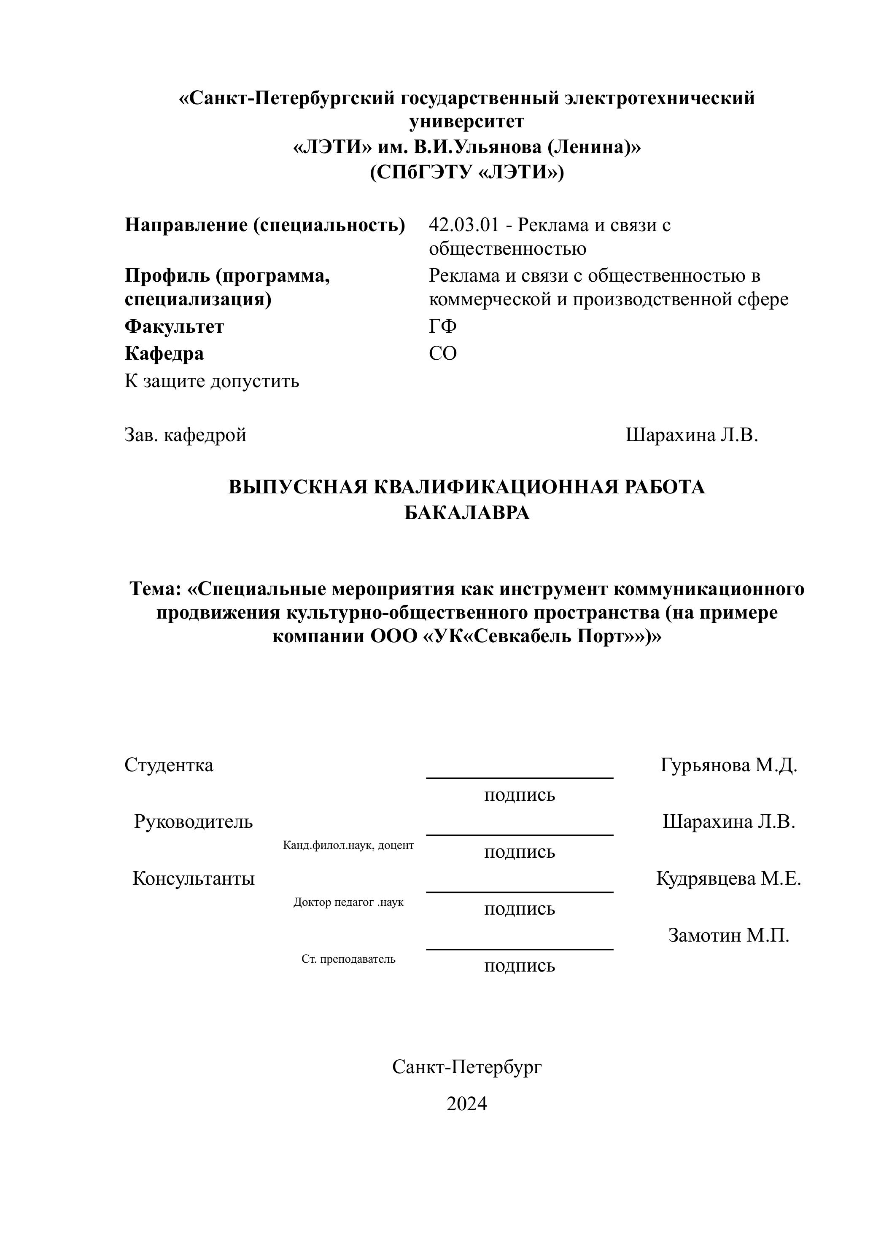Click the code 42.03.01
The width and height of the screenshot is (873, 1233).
(x=464, y=225)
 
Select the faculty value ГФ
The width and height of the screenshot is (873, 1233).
(x=442, y=326)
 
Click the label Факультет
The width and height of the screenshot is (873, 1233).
(x=174, y=326)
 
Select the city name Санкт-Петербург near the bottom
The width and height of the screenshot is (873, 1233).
(x=466, y=1067)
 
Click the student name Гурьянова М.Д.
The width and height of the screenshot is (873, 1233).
(x=728, y=765)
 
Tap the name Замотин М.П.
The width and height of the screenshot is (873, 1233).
(x=728, y=935)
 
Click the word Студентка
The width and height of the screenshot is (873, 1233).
(x=169, y=765)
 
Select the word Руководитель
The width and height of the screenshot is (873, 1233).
(x=194, y=821)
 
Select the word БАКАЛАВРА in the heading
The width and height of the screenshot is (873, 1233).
(x=466, y=513)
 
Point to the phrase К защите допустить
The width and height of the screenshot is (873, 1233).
(x=212, y=381)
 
